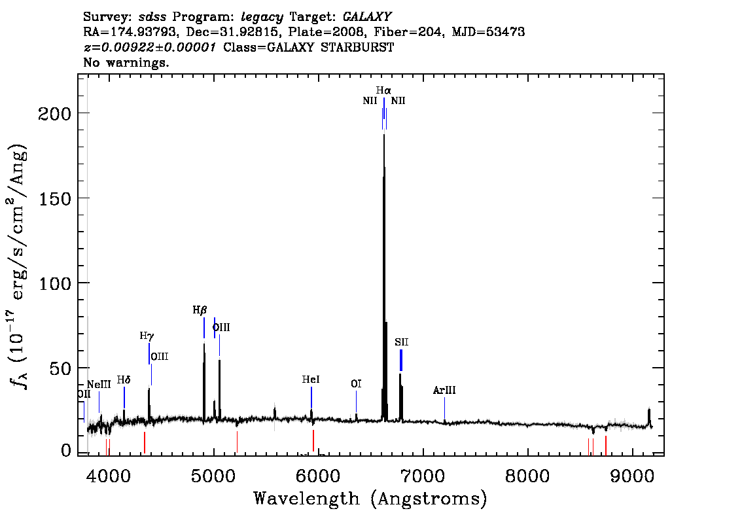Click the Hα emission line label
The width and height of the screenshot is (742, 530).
point(384,90)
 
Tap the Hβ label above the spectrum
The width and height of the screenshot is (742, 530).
point(200,310)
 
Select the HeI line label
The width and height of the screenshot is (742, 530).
point(311,380)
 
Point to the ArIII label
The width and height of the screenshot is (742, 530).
point(444,391)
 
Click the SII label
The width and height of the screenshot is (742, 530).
point(401,342)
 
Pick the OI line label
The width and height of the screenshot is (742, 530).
point(357,384)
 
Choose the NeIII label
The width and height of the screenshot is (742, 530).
point(99,384)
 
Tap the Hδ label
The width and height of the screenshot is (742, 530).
point(124,380)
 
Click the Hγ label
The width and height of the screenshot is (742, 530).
point(147,336)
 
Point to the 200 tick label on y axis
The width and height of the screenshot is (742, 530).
point(54,114)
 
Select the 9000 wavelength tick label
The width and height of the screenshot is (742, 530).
point(632,476)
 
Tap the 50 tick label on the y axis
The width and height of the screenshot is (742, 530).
point(60,368)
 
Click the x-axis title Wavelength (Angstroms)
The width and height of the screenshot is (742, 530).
point(370,499)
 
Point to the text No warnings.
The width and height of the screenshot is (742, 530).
point(126,62)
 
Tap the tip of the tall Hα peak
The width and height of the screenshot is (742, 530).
point(384,135)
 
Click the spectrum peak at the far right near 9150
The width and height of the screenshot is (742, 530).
point(649,409)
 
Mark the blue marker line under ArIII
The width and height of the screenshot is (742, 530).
point(444,408)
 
